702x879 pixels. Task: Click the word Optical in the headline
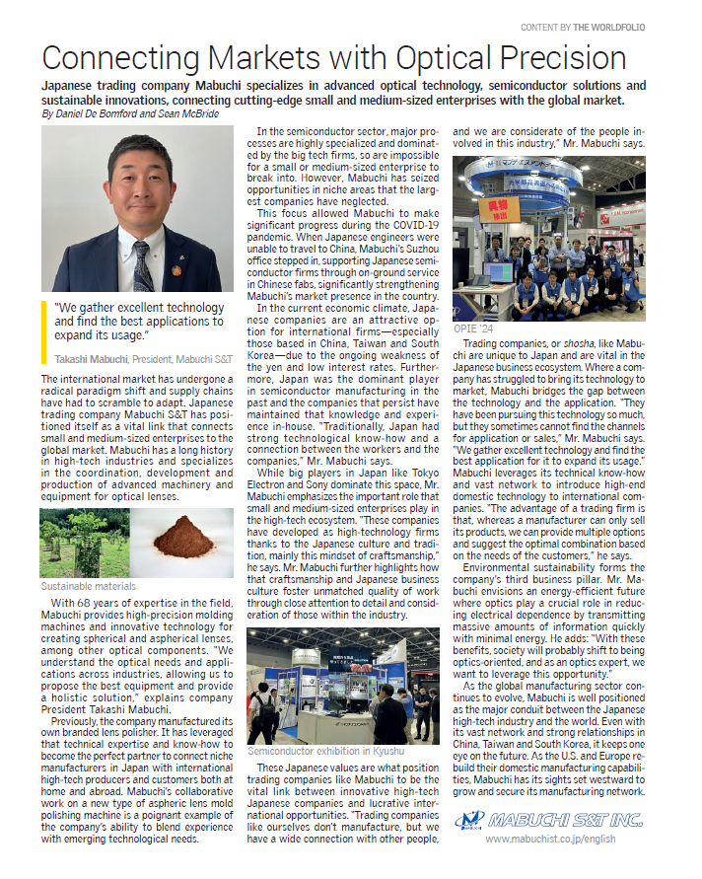(x=415, y=57)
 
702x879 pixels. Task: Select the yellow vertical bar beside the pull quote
(x=44, y=321)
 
